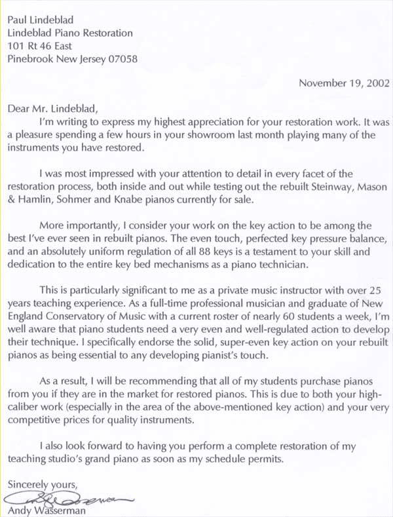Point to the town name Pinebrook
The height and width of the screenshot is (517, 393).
pyautogui.click(x=30, y=58)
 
